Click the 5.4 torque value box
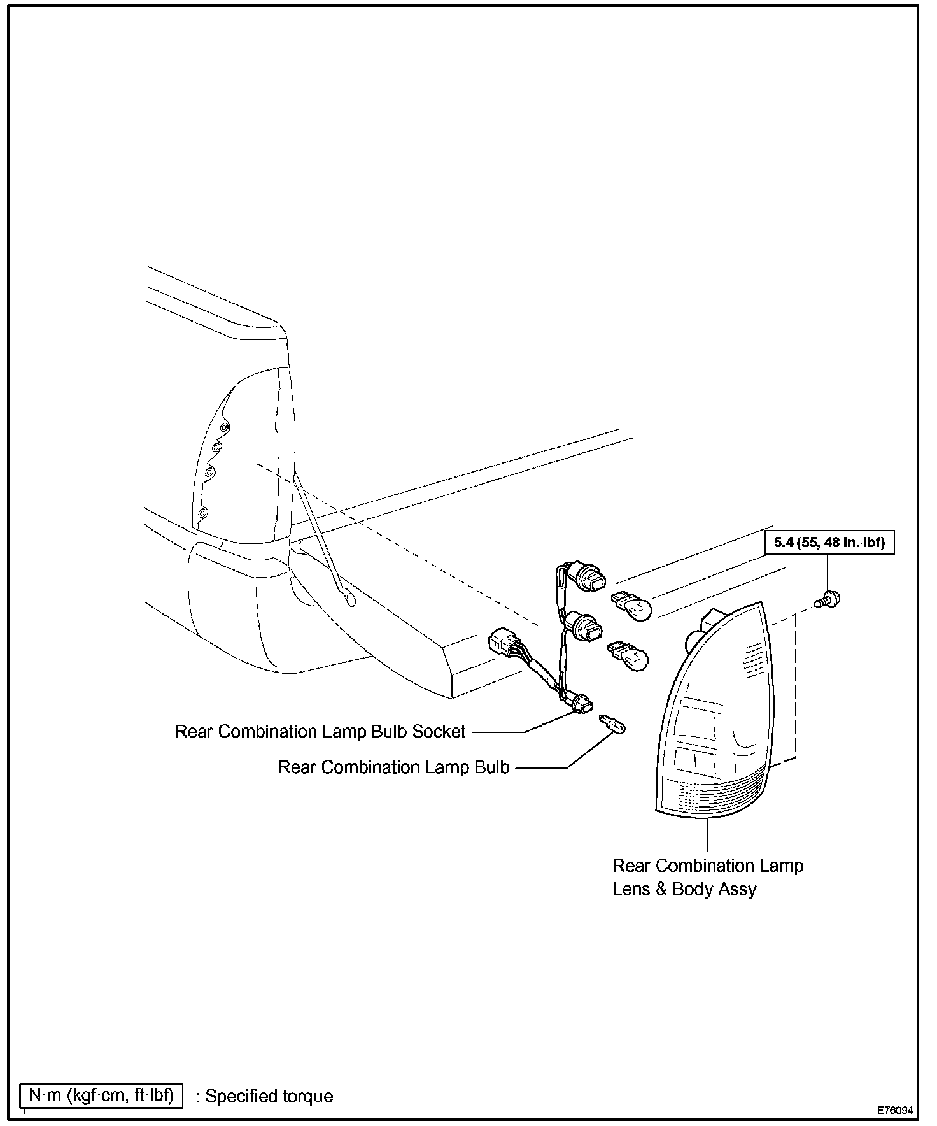(x=829, y=543)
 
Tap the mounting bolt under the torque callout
(x=828, y=599)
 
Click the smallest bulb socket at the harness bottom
(x=582, y=705)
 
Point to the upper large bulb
(x=633, y=607)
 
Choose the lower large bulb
(x=630, y=657)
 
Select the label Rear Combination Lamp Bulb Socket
(x=320, y=732)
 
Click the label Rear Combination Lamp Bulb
(x=393, y=767)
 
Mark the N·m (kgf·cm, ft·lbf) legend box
(x=101, y=1095)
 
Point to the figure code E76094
(x=895, y=1110)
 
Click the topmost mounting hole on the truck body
(x=223, y=427)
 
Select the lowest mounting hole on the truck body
(x=203, y=513)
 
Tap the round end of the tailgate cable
(x=349, y=599)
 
